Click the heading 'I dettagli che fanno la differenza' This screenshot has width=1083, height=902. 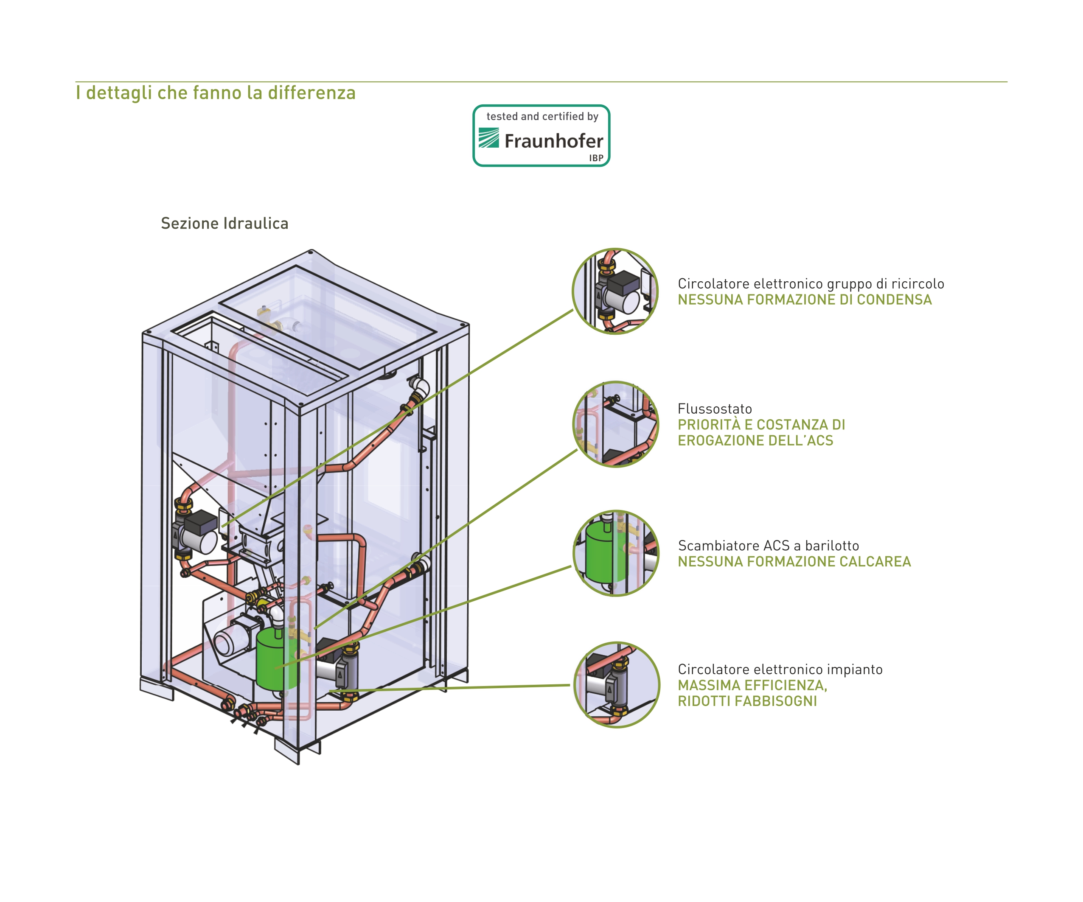(216, 93)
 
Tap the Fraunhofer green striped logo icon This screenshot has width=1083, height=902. (488, 138)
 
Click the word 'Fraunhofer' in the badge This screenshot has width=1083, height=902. (554, 141)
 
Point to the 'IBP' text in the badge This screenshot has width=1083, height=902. (596, 158)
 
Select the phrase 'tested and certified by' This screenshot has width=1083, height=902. (542, 117)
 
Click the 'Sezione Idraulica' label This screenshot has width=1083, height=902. (224, 223)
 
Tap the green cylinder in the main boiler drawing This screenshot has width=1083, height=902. (277, 658)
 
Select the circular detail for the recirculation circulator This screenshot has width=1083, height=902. (615, 291)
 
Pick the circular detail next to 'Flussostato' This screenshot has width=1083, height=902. (616, 424)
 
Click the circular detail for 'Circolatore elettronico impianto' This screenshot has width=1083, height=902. (617, 684)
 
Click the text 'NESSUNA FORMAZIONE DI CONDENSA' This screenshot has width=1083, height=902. (805, 300)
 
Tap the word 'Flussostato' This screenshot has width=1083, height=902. (715, 409)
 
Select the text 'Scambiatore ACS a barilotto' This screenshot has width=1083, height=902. (769, 546)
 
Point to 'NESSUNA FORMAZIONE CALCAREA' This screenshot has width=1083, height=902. (794, 562)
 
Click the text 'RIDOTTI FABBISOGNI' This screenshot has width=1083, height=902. (747, 701)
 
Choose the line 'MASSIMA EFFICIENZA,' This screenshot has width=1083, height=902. (752, 685)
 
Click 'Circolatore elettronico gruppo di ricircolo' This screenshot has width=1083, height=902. (811, 284)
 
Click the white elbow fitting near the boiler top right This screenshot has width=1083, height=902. (419, 387)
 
